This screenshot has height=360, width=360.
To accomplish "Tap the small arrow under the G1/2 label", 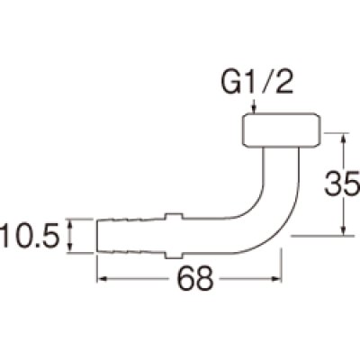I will point(256,110).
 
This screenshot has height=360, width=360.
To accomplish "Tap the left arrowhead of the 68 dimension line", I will point(102,279).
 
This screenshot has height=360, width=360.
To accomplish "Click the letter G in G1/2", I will point(230,87).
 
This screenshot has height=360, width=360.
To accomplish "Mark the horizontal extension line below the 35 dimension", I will point(319,236).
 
